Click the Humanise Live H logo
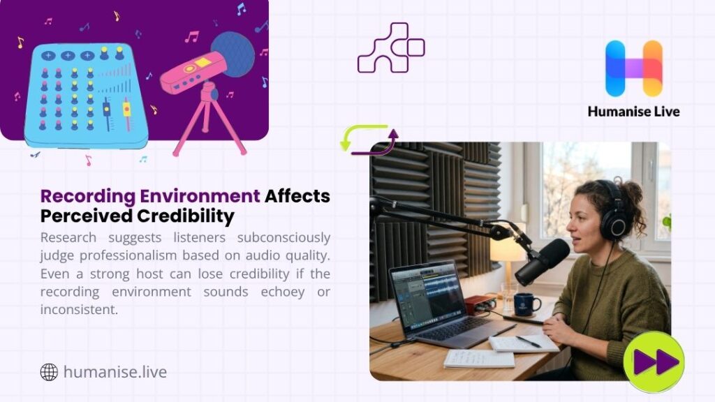633,68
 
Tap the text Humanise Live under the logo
633,112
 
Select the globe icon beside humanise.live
49,372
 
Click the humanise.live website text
115,372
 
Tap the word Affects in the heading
297,195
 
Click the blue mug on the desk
525,304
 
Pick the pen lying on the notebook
528,341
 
